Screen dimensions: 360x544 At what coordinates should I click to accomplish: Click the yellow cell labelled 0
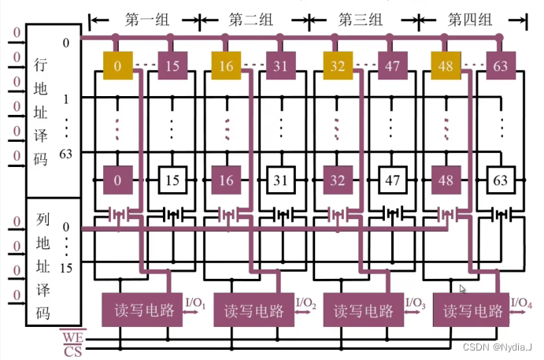click(x=117, y=65)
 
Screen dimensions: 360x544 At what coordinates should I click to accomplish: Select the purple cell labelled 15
click(x=172, y=65)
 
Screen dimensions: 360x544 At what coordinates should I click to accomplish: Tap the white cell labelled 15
click(x=172, y=180)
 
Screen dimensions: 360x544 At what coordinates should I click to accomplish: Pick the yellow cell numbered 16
click(x=226, y=65)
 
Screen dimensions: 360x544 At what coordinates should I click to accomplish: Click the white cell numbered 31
click(x=281, y=180)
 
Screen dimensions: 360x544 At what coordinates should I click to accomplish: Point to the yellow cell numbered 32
click(x=336, y=65)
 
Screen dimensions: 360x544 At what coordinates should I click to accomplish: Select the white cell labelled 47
click(x=391, y=180)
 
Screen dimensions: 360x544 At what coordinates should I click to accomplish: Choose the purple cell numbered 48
click(x=446, y=180)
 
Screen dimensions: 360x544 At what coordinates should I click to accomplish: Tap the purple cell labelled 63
click(x=501, y=65)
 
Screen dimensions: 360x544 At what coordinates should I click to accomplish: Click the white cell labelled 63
click(x=501, y=180)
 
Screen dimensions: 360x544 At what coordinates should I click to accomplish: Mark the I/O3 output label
click(x=416, y=302)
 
